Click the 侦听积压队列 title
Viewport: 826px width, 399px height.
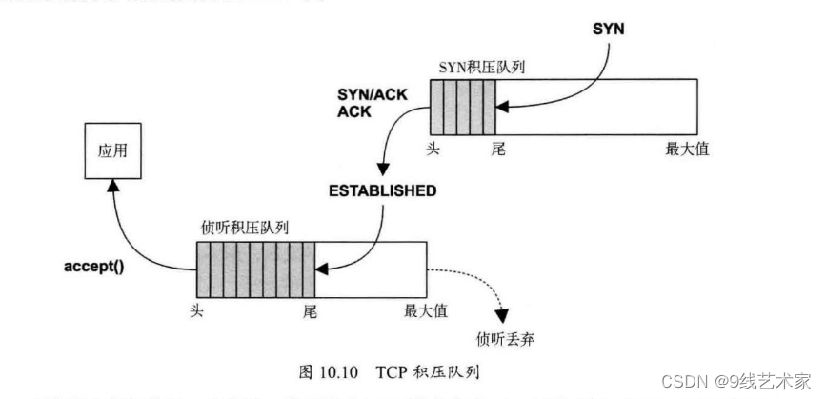245,229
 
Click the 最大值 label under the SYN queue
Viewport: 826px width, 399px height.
687,149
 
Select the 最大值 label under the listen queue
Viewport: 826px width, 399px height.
426,309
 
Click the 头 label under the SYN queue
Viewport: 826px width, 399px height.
437,149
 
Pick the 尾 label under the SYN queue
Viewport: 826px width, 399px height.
496,149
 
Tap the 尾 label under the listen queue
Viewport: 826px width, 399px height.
308,309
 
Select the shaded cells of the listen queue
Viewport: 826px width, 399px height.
256,269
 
